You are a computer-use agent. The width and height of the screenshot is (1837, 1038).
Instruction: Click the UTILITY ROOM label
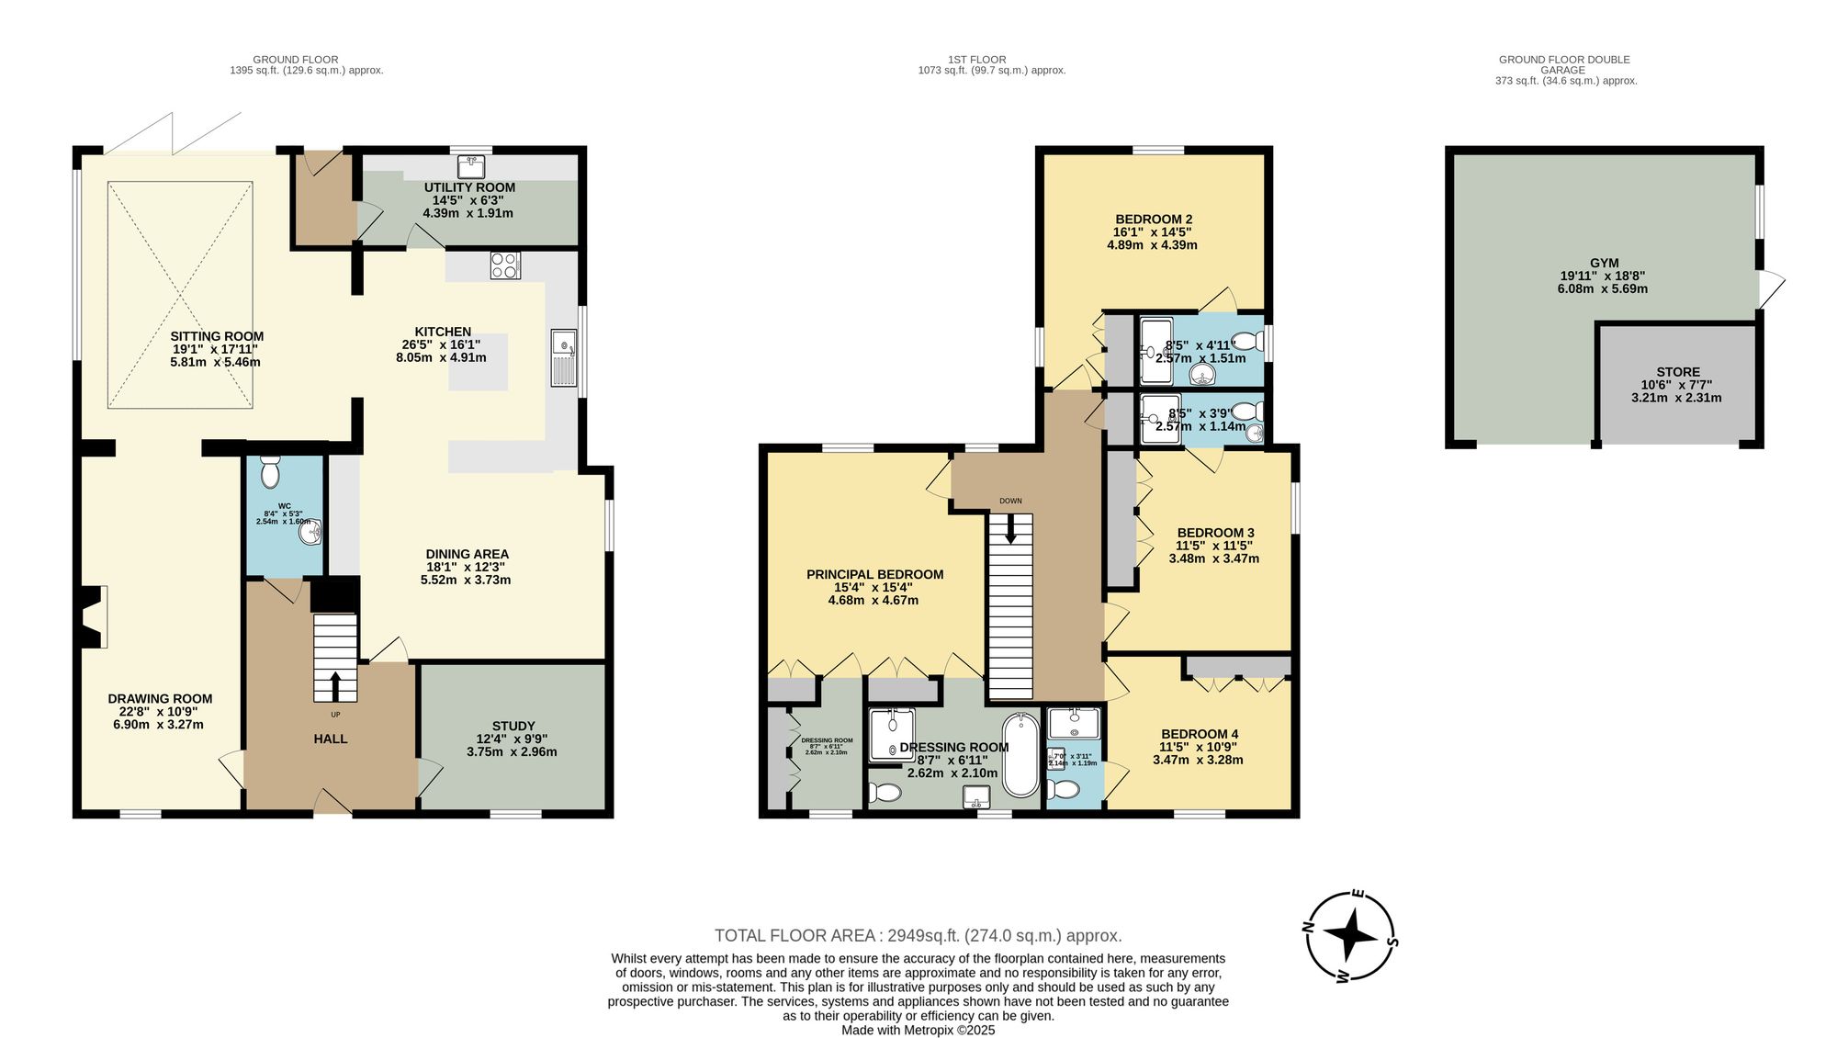point(469,187)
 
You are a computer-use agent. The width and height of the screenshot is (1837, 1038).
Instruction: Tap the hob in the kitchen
point(505,265)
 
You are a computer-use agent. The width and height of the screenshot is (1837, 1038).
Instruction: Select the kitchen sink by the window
point(563,357)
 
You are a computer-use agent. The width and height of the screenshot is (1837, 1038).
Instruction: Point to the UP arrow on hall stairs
point(334,685)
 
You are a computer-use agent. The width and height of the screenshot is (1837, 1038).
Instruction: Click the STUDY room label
point(513,726)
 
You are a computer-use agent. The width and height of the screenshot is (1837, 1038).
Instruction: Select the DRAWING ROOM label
point(160,698)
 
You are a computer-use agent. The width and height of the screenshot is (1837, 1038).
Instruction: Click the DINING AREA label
point(467,554)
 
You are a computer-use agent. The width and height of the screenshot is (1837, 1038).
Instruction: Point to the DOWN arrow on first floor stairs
point(1010,530)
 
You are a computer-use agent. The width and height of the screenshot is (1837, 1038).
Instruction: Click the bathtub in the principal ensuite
point(1020,755)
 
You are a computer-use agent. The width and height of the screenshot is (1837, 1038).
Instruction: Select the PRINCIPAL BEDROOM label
point(874,574)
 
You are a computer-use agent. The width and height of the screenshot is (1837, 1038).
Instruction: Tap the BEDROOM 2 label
point(1154,219)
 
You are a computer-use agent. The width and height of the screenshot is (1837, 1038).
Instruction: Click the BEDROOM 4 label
point(1200,733)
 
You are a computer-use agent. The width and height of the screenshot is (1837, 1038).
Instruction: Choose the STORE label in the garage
point(1677,372)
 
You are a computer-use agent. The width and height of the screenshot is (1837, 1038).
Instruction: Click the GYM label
point(1604,263)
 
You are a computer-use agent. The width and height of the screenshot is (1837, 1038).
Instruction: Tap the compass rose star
point(1350,936)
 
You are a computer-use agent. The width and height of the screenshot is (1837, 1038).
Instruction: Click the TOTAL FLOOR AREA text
point(918,935)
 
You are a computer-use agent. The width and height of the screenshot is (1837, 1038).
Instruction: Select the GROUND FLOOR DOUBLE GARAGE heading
point(1564,64)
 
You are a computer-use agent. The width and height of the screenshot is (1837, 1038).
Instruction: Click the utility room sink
point(471,166)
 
